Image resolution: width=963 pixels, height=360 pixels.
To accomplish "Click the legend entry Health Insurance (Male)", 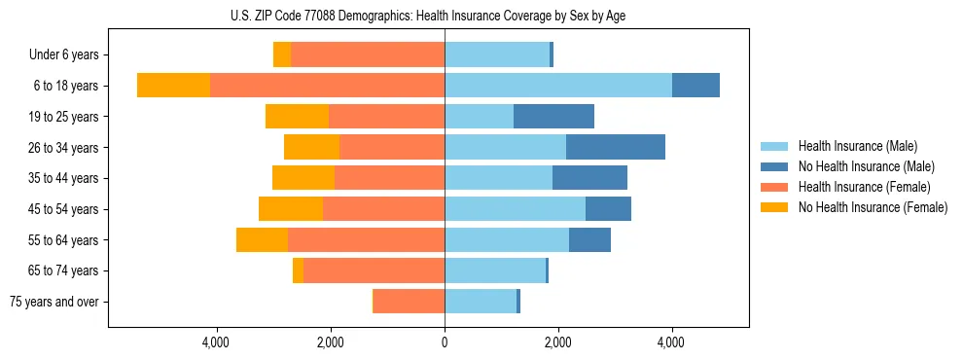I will (x=857, y=146).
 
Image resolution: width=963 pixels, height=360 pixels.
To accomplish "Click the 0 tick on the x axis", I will (x=445, y=342).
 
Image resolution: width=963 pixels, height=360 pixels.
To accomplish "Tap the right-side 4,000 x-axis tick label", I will (x=671, y=342).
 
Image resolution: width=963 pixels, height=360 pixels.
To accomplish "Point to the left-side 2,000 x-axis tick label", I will (x=331, y=342).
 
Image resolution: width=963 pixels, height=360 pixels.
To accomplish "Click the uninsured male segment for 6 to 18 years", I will (x=695, y=86).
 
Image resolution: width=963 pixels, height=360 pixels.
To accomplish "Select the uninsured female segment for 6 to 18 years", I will (x=173, y=86).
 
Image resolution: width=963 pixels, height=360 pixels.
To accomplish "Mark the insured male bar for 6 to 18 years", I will (x=557, y=86).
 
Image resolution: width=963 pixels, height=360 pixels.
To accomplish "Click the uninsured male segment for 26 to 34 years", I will (x=616, y=147).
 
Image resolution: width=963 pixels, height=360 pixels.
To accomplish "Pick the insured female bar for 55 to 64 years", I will (x=366, y=239).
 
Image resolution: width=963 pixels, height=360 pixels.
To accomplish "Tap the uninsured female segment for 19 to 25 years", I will (x=297, y=117).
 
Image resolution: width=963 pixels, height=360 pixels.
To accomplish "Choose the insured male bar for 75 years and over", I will (x=481, y=302).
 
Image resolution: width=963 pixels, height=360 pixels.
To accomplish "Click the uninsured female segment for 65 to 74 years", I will (x=298, y=270).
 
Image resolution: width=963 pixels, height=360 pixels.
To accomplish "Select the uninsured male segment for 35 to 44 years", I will (x=589, y=178).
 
